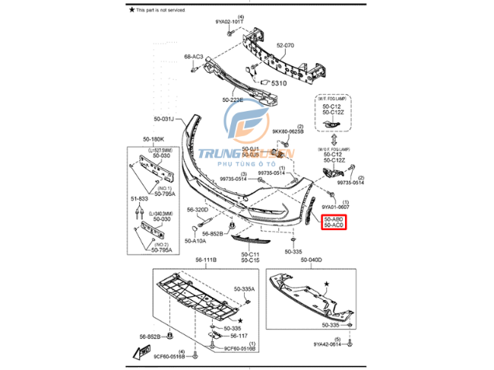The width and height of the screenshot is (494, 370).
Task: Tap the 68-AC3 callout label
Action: [194, 57]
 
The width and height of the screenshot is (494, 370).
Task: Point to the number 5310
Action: [274, 83]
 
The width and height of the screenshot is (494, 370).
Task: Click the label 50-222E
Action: [234, 100]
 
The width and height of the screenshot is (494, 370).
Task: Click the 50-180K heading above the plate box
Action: [153, 140]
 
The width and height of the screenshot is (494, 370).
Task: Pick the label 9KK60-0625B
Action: [287, 131]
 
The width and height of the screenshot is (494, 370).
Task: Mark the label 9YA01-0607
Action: [334, 207]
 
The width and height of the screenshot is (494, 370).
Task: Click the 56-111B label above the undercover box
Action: [206, 260]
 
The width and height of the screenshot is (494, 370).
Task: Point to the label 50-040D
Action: [312, 260]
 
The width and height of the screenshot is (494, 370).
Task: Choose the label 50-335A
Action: [245, 289]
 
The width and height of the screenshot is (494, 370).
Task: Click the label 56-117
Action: [239, 335]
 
